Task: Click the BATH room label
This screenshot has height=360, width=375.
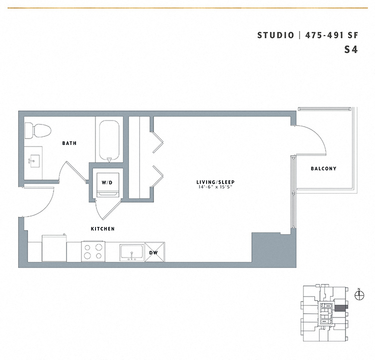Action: [69, 143]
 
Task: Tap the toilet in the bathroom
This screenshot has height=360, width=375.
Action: [38, 130]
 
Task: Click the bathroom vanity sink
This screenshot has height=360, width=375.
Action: [33, 160]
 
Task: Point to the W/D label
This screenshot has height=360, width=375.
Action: [107, 183]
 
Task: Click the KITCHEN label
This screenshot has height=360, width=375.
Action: [103, 229]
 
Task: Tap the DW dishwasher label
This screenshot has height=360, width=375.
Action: [153, 252]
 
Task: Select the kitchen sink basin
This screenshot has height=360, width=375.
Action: [132, 252]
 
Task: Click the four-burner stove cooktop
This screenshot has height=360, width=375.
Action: [93, 251]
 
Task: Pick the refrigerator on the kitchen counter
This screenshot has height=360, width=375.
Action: [54, 248]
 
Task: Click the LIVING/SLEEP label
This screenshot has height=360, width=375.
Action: [215, 182]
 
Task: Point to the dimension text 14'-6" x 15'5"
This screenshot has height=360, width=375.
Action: [215, 187]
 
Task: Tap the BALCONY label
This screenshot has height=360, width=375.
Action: [323, 168]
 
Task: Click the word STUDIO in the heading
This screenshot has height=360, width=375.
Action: [275, 35]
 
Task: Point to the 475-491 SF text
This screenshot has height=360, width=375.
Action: [332, 35]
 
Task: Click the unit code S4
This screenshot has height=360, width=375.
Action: [351, 49]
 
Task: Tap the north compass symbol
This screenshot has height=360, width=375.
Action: [359, 295]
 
